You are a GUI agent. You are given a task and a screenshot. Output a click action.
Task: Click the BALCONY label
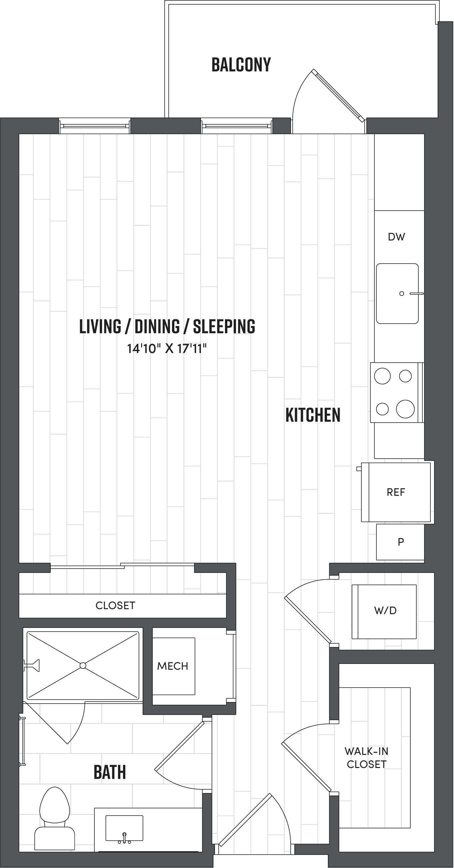click(x=241, y=65)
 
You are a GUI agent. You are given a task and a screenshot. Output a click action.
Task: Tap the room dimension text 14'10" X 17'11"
click(x=167, y=348)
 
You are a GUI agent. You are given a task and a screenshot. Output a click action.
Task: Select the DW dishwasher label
click(x=396, y=237)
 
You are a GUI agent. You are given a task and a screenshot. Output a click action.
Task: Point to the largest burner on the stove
click(x=405, y=409)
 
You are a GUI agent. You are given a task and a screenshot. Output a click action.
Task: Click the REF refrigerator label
click(x=396, y=492)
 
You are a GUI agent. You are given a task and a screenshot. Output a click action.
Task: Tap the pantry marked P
click(x=400, y=542)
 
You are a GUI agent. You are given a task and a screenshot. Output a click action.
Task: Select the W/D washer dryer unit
click(x=385, y=610)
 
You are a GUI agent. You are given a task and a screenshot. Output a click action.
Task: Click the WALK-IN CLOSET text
click(x=366, y=757)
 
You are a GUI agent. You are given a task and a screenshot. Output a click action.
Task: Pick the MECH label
click(x=173, y=666)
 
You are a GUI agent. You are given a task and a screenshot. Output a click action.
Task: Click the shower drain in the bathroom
click(x=83, y=665)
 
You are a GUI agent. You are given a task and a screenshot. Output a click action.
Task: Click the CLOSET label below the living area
click(x=115, y=606)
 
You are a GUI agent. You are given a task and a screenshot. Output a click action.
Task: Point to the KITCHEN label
click(x=313, y=415)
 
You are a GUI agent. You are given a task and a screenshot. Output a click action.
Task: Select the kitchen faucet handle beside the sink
click(x=417, y=293)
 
